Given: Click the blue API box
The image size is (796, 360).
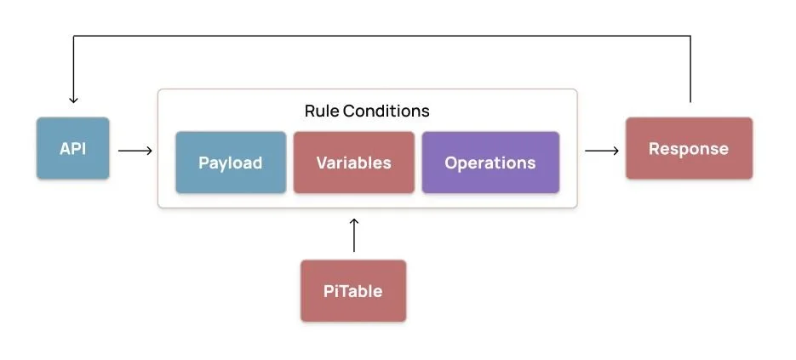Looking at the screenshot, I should point(72,148).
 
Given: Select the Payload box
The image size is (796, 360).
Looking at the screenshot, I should point(231,163).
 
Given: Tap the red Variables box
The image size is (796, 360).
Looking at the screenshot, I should point(353,163).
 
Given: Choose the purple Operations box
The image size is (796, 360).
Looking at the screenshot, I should point(490,163).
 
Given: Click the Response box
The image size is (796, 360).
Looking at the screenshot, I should point(689,149).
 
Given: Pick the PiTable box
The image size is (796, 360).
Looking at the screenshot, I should point(352,291).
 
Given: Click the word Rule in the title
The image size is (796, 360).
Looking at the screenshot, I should point(321,111).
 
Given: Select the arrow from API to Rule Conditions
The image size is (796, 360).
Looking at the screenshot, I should point(135,151).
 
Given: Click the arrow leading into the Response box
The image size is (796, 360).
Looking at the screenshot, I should point(601,151).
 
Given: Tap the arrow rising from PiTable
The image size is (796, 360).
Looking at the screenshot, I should point(354,236).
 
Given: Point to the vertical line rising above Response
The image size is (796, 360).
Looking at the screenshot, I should point(690,68).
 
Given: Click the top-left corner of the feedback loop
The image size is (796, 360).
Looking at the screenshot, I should point(73,36).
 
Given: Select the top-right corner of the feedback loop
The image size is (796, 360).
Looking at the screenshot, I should point(690,36).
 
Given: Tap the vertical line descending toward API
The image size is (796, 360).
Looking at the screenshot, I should point(73,68).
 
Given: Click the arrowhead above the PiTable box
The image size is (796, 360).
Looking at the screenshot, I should point(354,221).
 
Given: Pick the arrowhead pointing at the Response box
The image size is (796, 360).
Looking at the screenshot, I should point(616,151).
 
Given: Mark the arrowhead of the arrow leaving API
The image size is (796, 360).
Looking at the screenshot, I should point(150,151).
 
